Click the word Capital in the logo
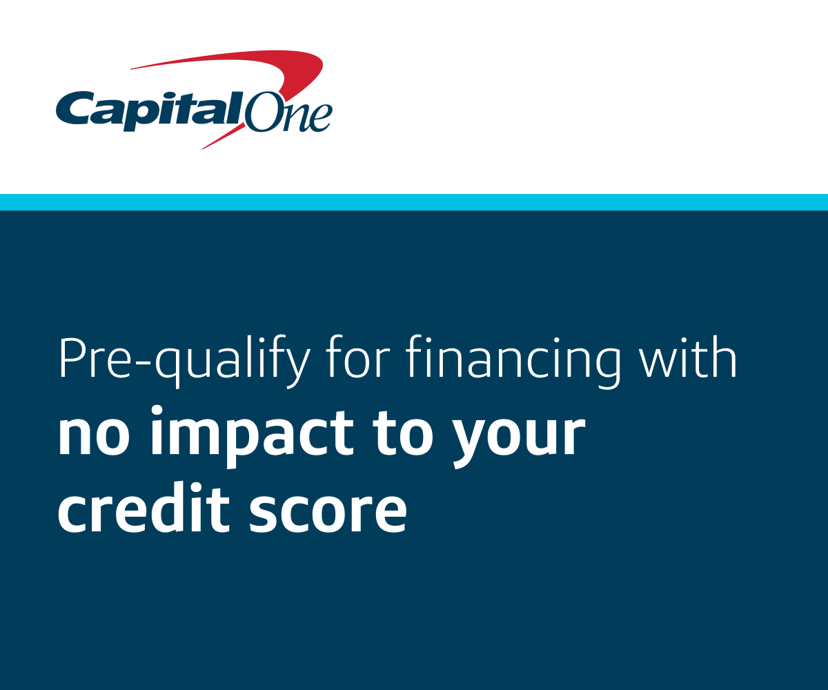coord(150,111)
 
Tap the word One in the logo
coord(288,112)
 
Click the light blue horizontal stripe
coord(414,202)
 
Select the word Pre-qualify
coord(185,362)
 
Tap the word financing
coord(513,362)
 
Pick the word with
coord(689,357)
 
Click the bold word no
coord(95,435)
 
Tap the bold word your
coord(519,442)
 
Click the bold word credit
coord(144,506)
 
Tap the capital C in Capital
coord(75,108)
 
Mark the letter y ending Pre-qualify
coord(295,368)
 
